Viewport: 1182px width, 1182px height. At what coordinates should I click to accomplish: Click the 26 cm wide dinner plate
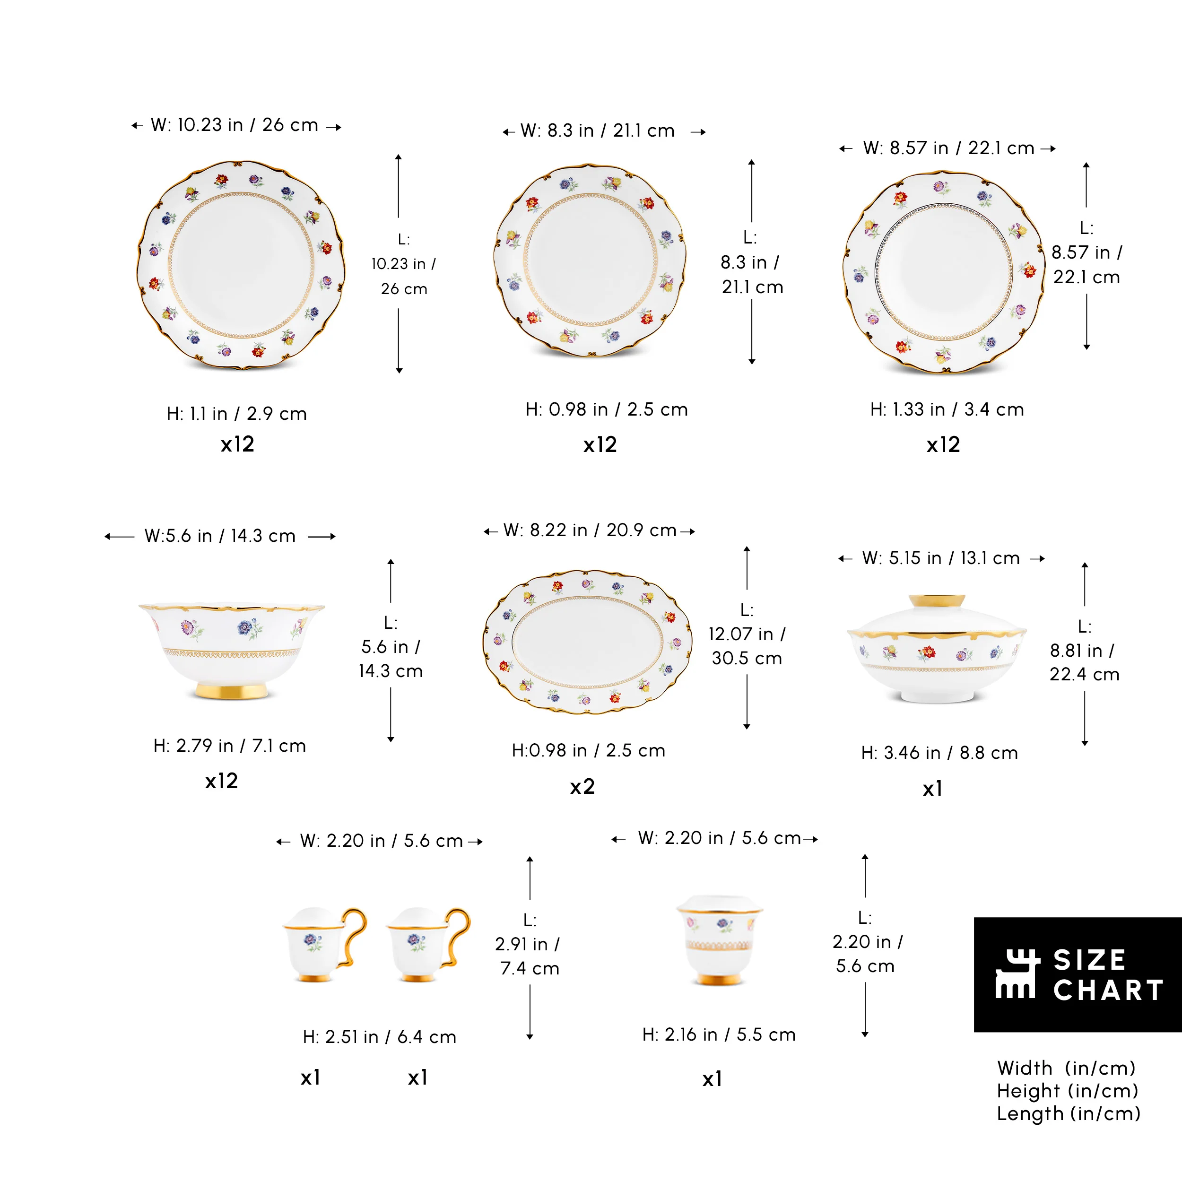[241, 265]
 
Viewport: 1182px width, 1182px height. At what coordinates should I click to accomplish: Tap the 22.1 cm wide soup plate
[944, 272]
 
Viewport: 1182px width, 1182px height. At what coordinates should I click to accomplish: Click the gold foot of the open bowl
[232, 691]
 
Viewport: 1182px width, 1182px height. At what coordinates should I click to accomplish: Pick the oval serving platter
[587, 642]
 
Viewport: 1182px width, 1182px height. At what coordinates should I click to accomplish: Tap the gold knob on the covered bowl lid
[936, 601]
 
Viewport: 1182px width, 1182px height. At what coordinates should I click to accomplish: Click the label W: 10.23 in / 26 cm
[235, 125]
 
